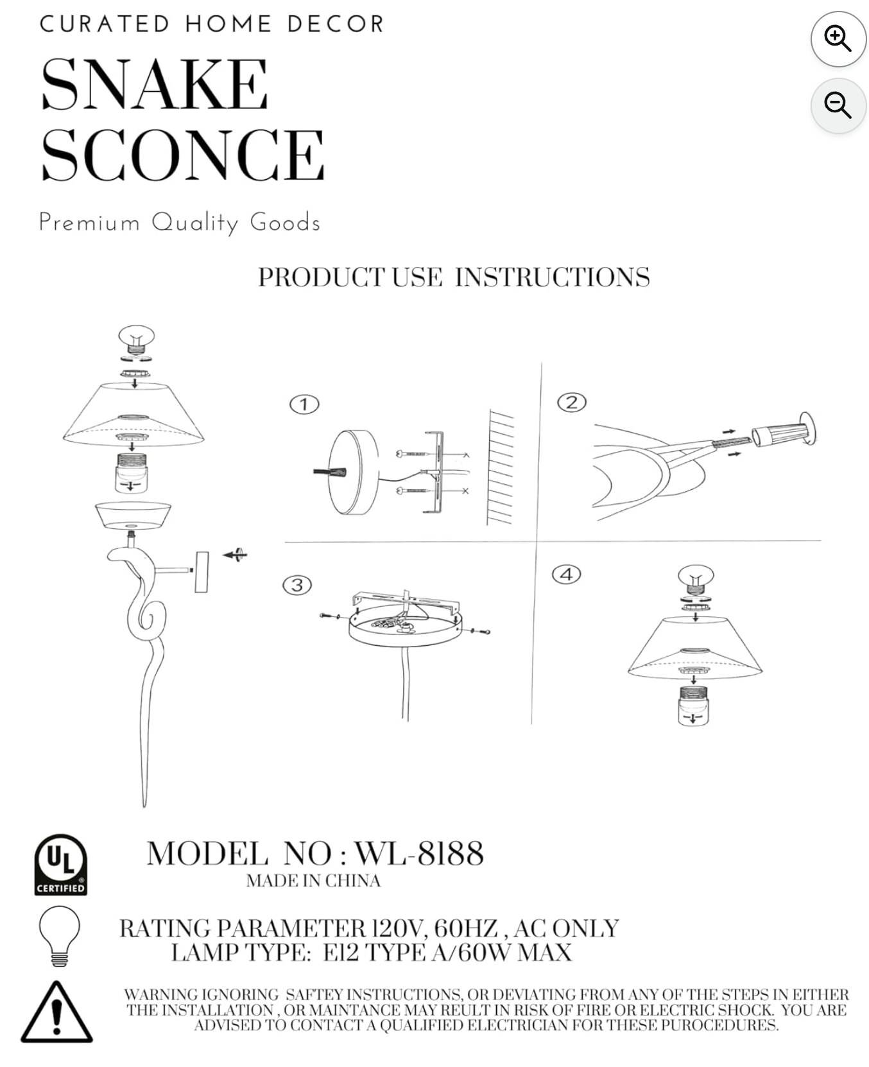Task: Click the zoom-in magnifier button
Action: pos(838,39)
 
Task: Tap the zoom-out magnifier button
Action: pos(838,105)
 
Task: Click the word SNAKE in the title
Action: pos(154,84)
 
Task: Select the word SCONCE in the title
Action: pos(183,154)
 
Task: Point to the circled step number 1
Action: pos(304,404)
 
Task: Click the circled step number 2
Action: pos(572,403)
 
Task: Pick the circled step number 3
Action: pos(297,585)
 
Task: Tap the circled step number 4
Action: pos(567,574)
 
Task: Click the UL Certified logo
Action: pos(60,864)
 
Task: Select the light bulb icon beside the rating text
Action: pos(60,935)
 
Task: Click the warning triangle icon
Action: pos(56,1012)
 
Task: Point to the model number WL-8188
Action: pos(418,853)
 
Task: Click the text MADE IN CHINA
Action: pos(313,881)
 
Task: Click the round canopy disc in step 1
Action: pos(353,473)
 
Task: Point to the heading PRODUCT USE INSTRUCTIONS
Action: pos(454,277)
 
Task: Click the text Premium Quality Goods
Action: pos(180,223)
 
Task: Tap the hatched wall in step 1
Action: pos(500,467)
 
